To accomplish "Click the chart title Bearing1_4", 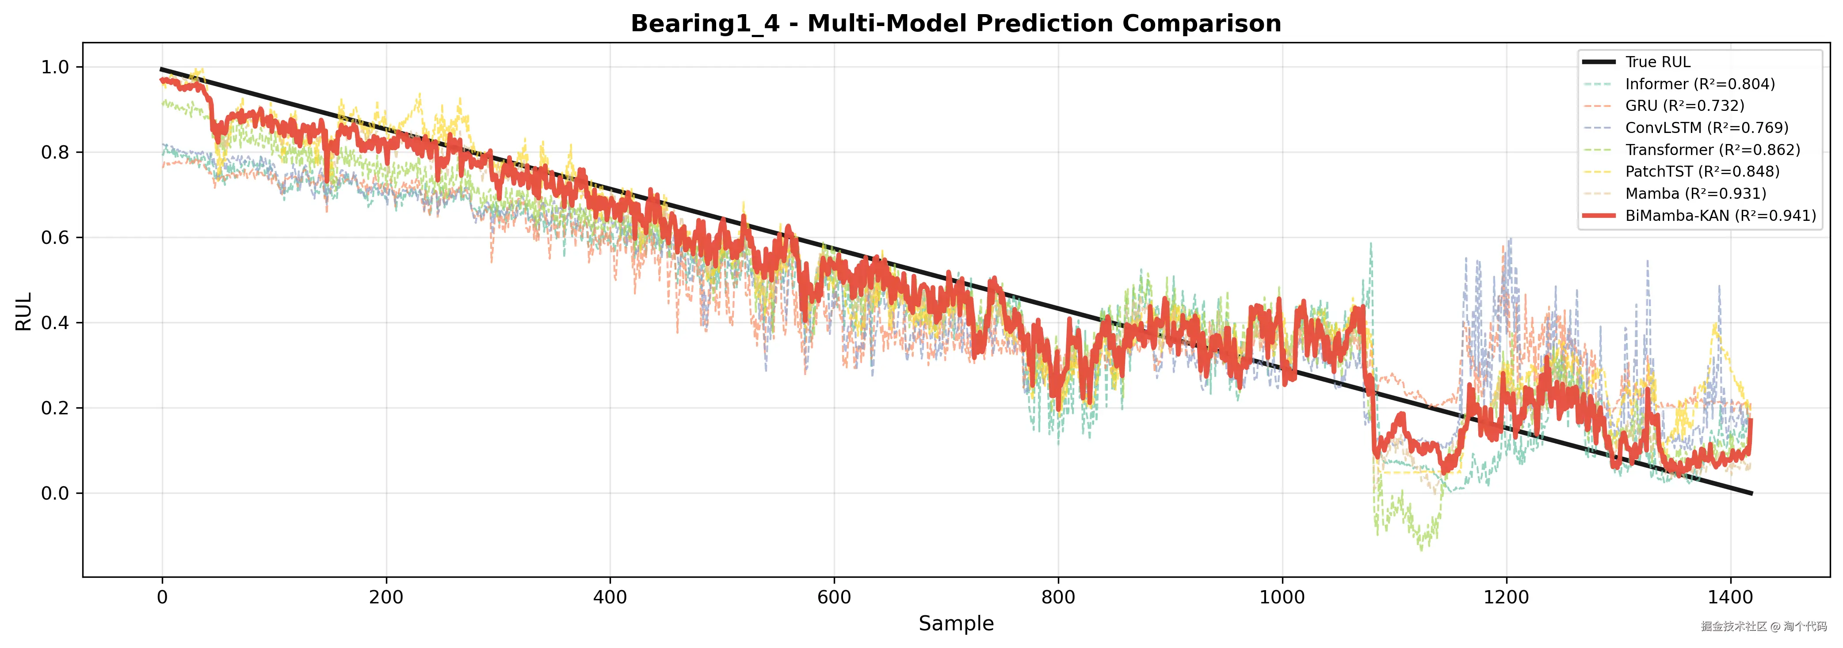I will tap(955, 23).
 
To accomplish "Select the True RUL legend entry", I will tap(1657, 62).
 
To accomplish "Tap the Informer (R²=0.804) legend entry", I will tap(1699, 84).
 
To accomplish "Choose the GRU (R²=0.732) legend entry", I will tap(1684, 106).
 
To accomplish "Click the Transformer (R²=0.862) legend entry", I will tap(1712, 150).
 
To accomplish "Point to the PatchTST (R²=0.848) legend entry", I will tap(1702, 172).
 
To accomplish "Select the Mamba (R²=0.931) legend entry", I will tap(1695, 194).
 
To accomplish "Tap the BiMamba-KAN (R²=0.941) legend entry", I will tap(1720, 216).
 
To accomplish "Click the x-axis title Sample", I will tap(956, 624).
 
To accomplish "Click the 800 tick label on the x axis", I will tap(1058, 597).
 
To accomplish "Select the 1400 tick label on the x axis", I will tap(1730, 597).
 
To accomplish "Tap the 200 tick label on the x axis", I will tap(386, 597).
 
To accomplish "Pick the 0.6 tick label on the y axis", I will tap(55, 238).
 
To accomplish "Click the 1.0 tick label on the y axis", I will tap(55, 67).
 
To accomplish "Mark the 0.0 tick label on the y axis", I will tap(55, 493).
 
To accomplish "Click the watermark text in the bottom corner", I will tap(1763, 626).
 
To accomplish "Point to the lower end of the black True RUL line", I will tap(1751, 493).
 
